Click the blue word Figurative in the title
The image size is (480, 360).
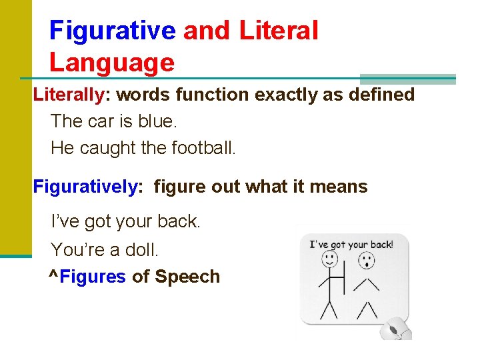[x=112, y=31]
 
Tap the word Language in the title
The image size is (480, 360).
[x=111, y=63]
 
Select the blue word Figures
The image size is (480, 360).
[x=93, y=277]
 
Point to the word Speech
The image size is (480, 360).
[x=187, y=277]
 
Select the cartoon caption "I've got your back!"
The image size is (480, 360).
[x=351, y=244]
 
